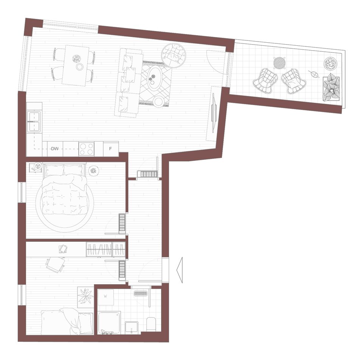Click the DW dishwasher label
tap(55, 149)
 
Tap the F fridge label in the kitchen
tap(110, 149)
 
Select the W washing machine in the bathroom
tap(105, 297)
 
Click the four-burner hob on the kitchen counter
tap(86, 149)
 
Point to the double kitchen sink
tap(34, 122)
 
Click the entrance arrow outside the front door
tap(179, 270)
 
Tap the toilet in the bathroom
tap(151, 324)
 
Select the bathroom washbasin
tap(132, 328)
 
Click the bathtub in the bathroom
tap(109, 323)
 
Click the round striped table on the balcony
tap(279, 63)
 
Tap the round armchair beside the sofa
tap(174, 55)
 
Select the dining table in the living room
tap(76, 65)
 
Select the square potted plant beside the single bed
tap(85, 297)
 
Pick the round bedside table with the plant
tap(94, 171)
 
